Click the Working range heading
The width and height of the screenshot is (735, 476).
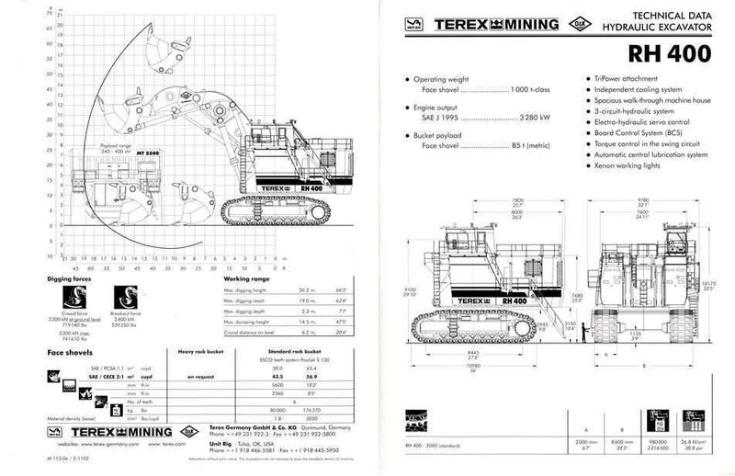pyautogui.click(x=245, y=277)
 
